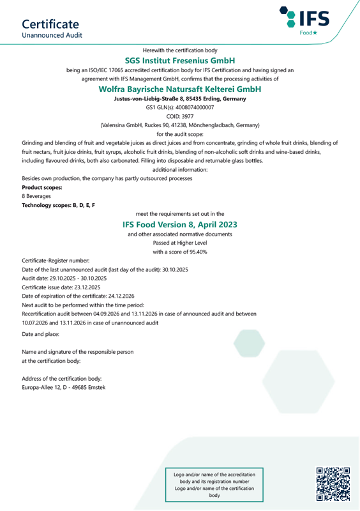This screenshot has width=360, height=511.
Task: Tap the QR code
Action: tap(333, 483)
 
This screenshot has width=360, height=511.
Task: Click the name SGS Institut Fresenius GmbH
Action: tap(180, 59)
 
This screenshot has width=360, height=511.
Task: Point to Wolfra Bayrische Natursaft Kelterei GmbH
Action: tap(180, 89)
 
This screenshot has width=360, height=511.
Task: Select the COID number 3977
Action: tap(188, 117)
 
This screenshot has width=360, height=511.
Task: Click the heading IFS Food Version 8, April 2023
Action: tap(180, 225)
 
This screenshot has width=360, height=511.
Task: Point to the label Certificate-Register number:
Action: tap(56, 261)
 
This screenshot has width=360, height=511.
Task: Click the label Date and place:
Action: tap(40, 334)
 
